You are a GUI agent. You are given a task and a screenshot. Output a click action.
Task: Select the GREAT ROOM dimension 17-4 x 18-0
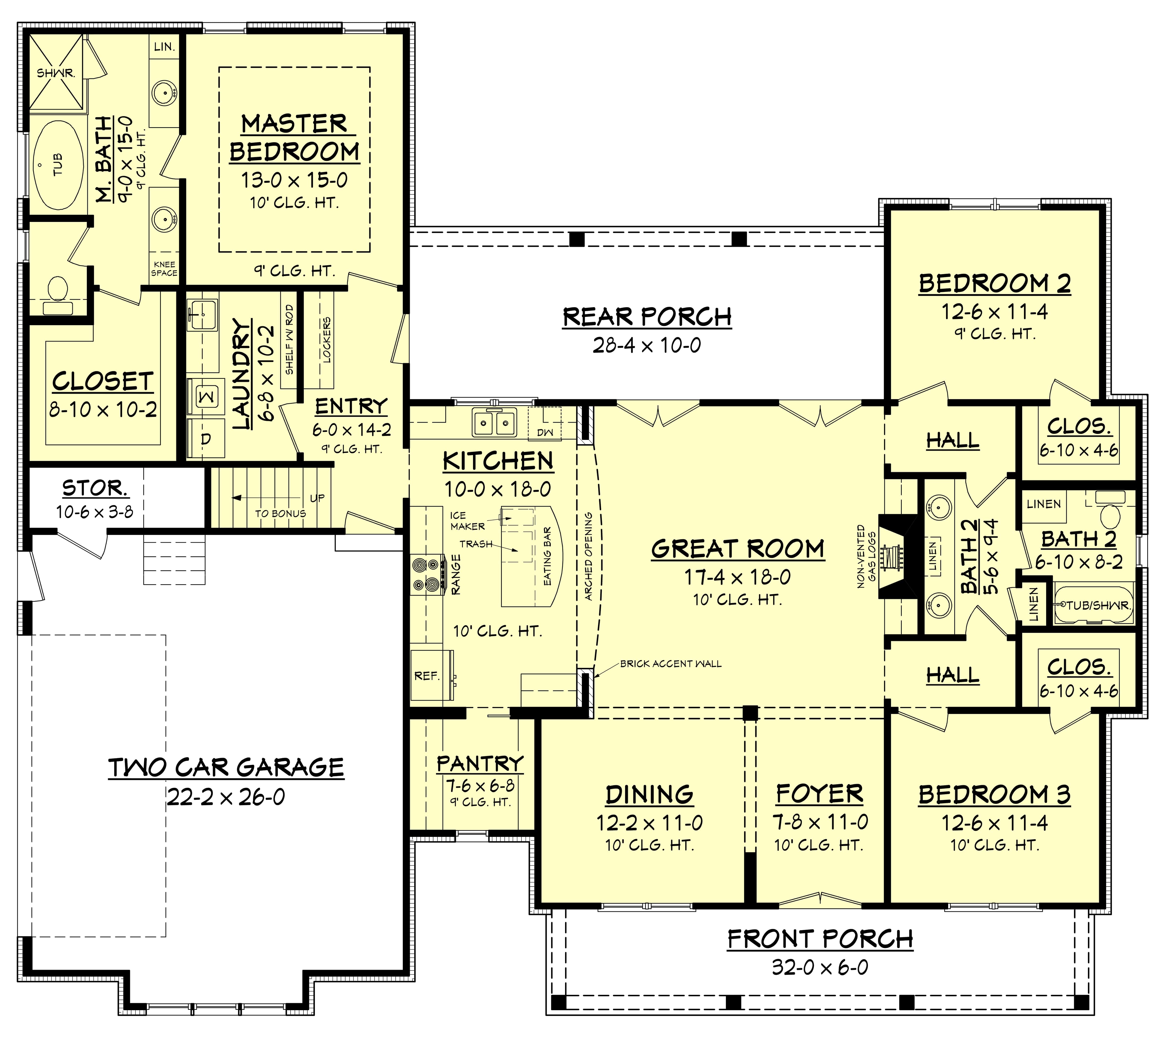pos(738,577)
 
